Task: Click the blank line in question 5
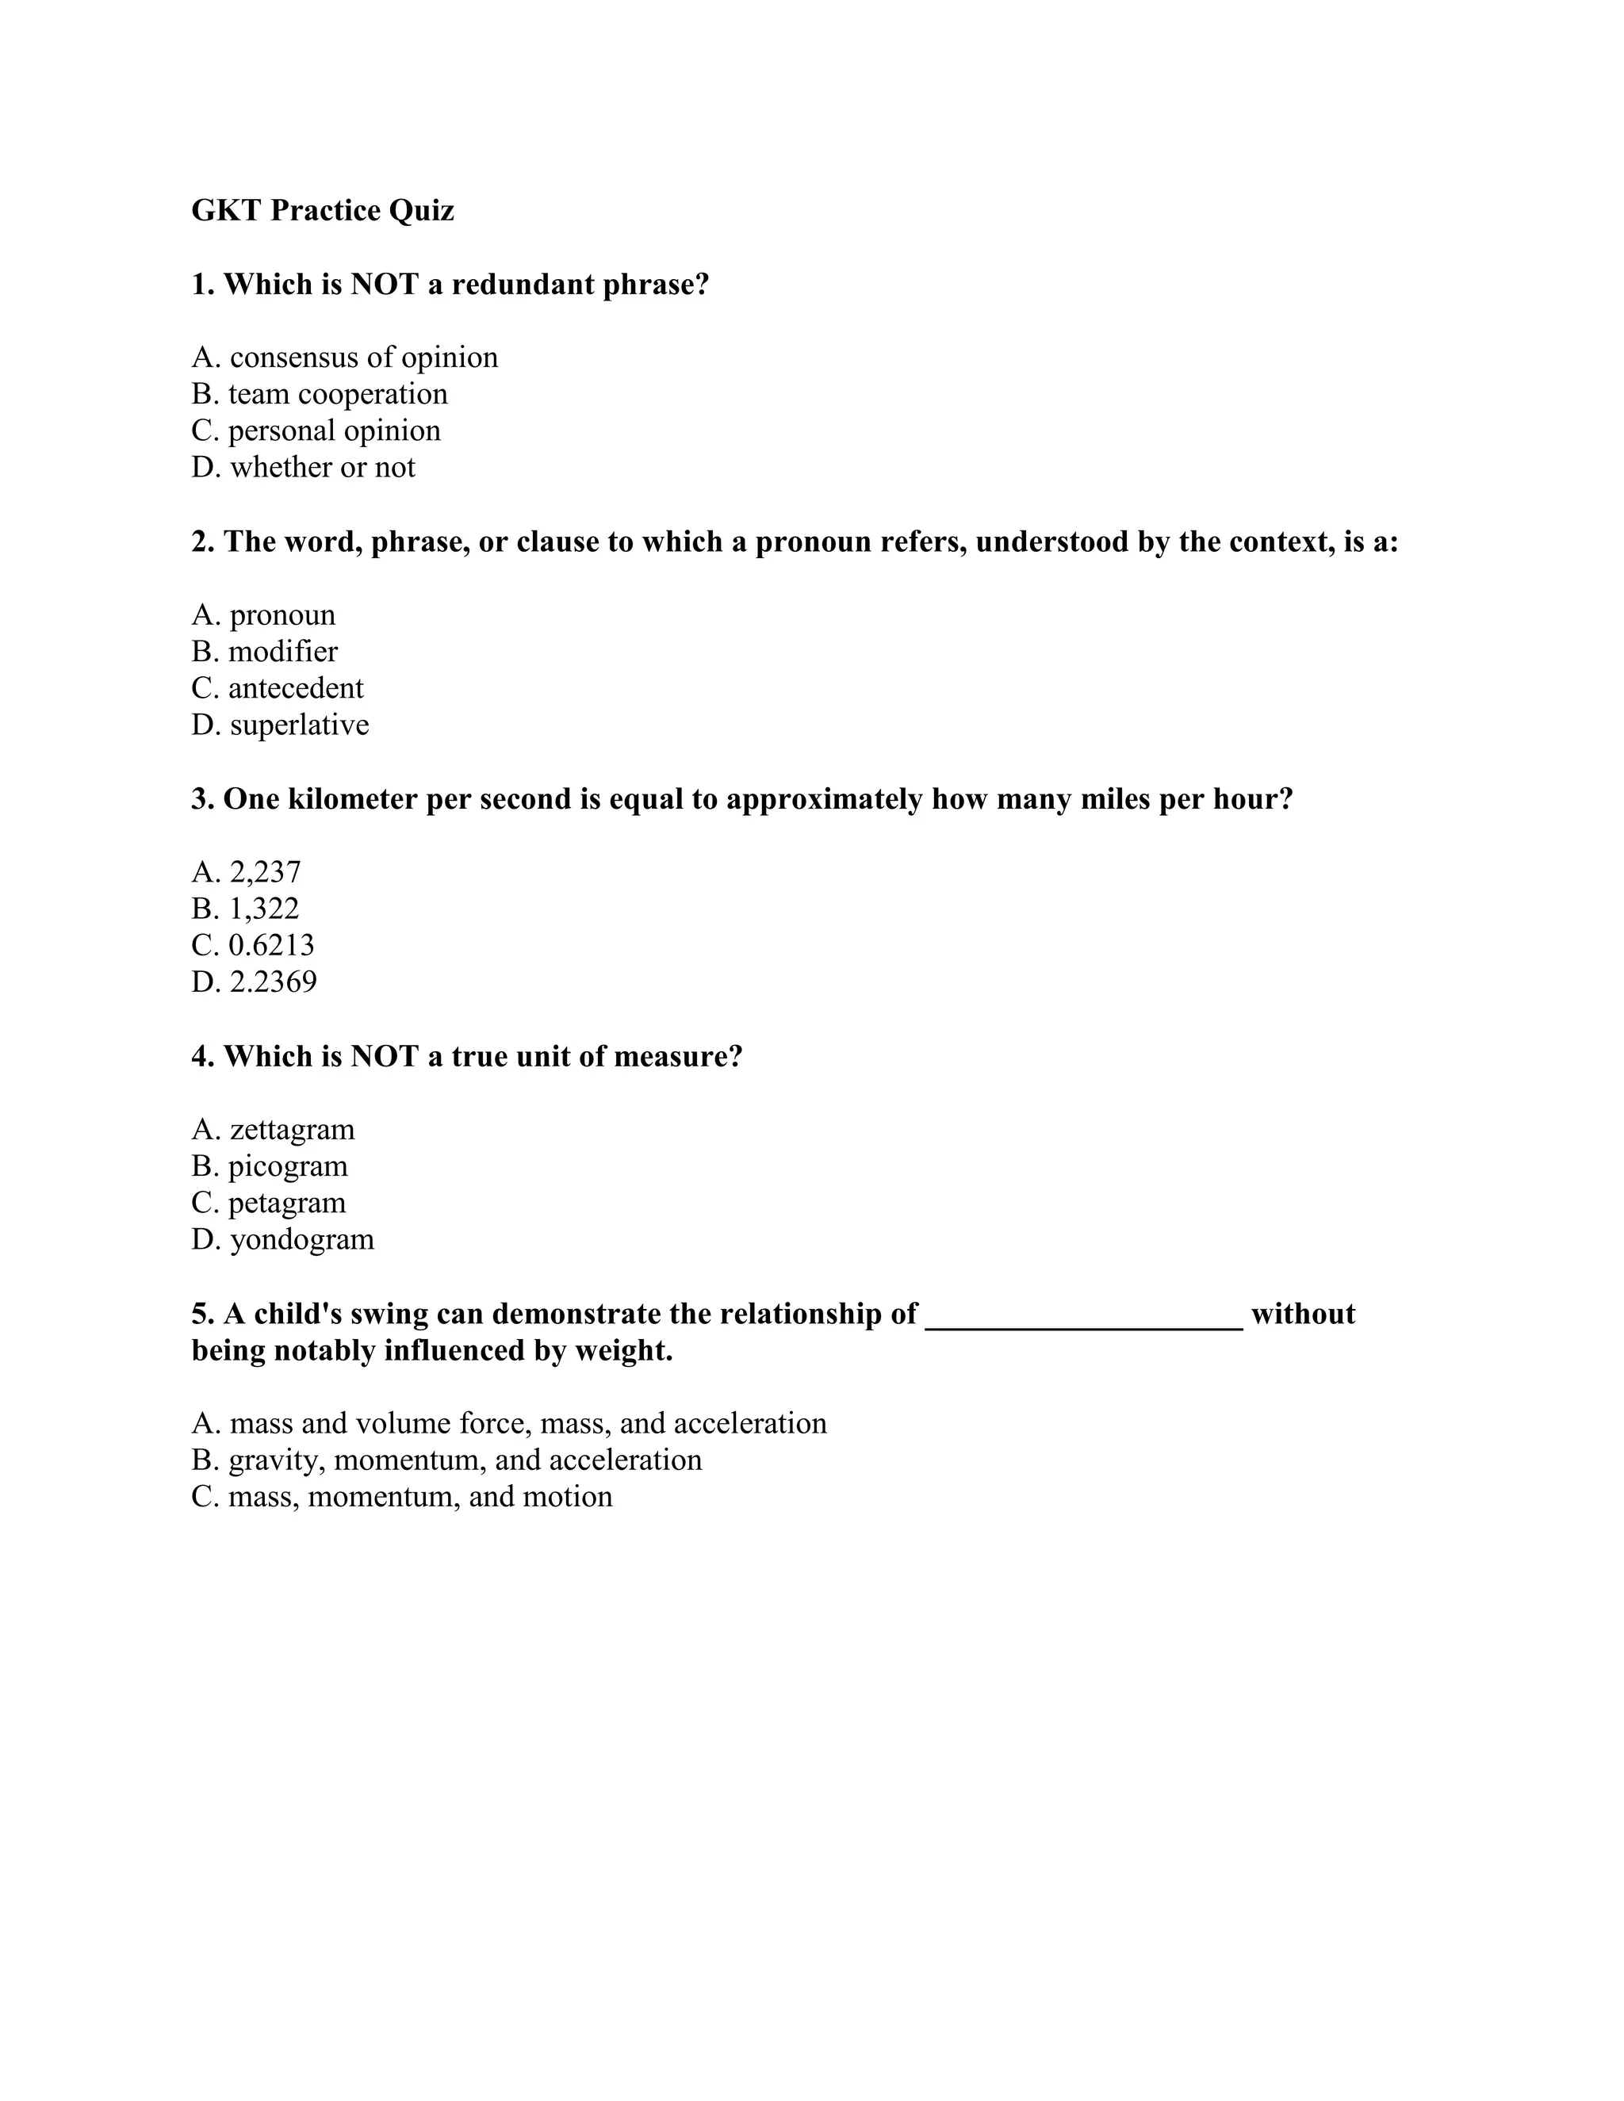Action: tap(1083, 1320)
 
